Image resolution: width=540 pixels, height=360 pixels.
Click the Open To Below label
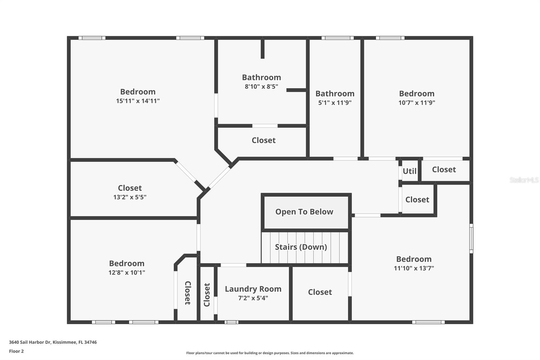(x=304, y=212)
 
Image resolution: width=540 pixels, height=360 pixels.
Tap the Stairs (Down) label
(x=301, y=247)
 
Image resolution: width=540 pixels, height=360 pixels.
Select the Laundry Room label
(x=253, y=289)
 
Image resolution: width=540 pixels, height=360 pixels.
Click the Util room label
(x=409, y=171)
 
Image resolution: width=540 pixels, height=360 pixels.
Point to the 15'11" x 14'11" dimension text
(x=138, y=101)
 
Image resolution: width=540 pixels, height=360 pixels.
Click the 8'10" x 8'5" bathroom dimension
(x=261, y=86)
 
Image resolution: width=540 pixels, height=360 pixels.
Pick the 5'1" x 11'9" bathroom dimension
(x=335, y=103)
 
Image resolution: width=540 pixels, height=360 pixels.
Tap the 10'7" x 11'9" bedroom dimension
(x=416, y=103)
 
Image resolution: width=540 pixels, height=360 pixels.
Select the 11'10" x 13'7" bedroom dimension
(x=414, y=268)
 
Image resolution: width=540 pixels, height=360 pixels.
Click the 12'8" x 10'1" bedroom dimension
(x=127, y=273)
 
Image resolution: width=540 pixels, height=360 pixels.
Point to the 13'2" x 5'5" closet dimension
(x=130, y=197)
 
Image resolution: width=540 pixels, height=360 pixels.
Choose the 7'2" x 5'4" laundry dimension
(x=253, y=298)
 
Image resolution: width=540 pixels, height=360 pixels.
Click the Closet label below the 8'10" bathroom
(x=264, y=140)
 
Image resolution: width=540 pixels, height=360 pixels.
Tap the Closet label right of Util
(x=444, y=170)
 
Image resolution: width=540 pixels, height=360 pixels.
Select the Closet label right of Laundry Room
(x=320, y=292)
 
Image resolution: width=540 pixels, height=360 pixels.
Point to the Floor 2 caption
(x=16, y=351)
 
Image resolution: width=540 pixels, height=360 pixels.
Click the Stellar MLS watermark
(x=524, y=180)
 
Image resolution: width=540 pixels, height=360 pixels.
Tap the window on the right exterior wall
(x=471, y=238)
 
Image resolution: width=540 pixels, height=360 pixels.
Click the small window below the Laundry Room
(x=231, y=322)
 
